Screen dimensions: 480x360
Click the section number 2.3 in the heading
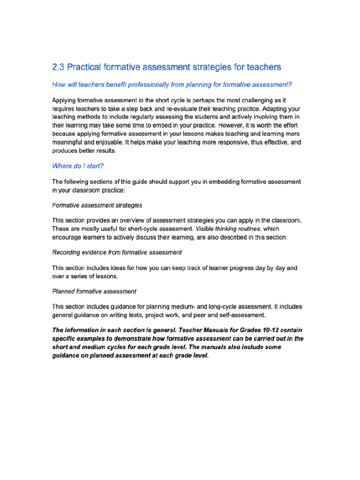pos(58,67)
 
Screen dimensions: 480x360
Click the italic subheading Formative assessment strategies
pos(97,205)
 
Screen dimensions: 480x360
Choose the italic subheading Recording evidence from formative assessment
pos(117,252)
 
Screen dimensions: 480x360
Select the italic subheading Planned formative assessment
pos(94,291)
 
